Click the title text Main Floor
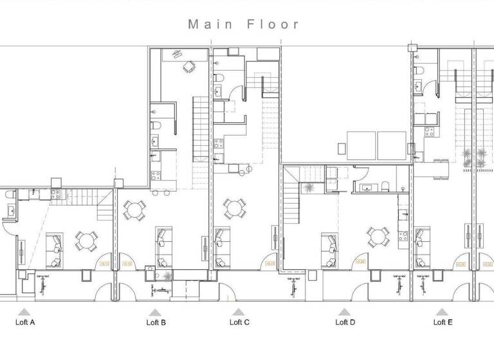click(244, 24)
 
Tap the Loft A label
click(24, 323)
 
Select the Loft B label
click(156, 323)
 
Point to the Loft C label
click(239, 323)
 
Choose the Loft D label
click(345, 323)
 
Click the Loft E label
click(443, 323)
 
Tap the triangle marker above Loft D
click(343, 311)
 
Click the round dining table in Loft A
click(87, 241)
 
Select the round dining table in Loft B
click(134, 210)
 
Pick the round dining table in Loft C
click(233, 208)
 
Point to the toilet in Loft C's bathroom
click(219, 78)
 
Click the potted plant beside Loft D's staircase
click(310, 187)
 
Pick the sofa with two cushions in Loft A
click(55, 250)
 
